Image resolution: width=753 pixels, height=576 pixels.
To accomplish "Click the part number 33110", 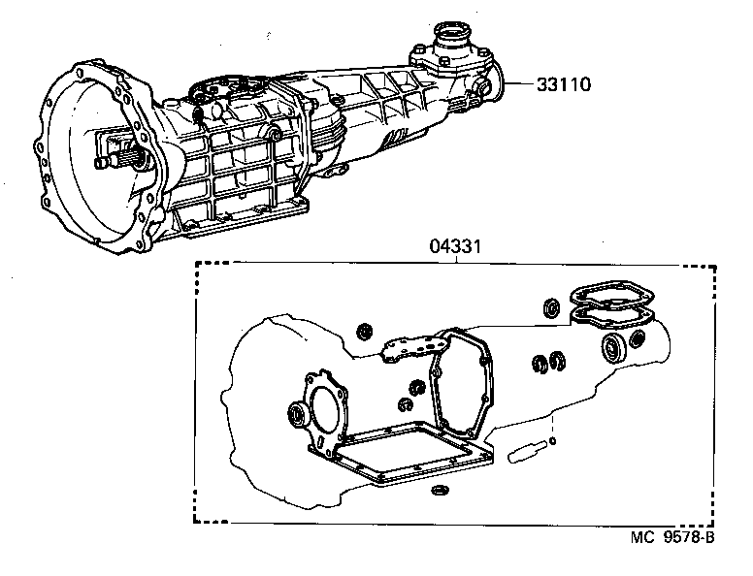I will point(564,84).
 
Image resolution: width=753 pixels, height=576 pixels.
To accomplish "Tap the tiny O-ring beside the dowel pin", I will point(552,441).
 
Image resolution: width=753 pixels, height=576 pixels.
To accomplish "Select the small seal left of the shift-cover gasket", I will point(367,333).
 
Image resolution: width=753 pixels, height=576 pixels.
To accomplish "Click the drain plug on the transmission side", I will point(277,127).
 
